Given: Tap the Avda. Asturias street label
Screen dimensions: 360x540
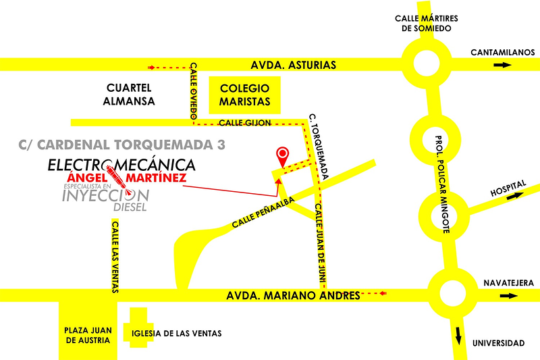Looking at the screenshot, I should pos(293,65).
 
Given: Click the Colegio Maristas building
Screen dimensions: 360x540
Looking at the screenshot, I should pos(244,95).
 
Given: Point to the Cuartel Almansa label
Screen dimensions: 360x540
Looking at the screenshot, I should pos(131,95).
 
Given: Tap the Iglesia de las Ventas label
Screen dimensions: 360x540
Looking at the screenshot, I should pos(177,334).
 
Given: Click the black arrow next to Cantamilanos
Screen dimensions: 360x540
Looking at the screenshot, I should pos(502,65).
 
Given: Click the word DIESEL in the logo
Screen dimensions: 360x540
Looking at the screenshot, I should pos(130,207).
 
